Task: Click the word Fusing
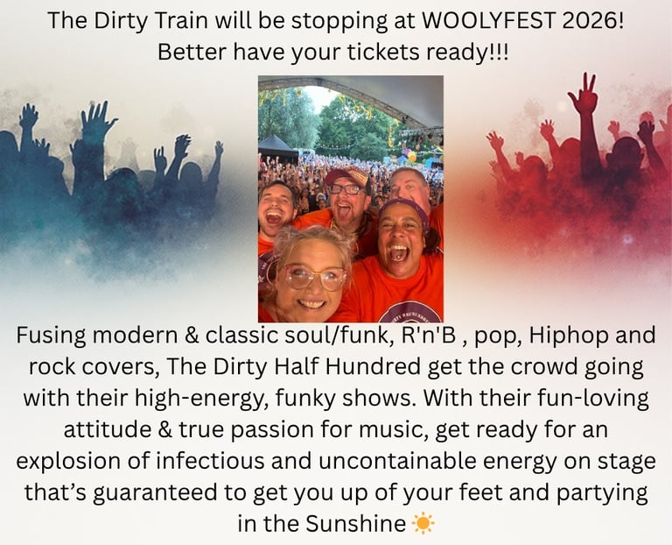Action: tap(54, 336)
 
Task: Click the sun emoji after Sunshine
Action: tap(423, 524)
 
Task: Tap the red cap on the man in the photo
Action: tap(346, 175)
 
